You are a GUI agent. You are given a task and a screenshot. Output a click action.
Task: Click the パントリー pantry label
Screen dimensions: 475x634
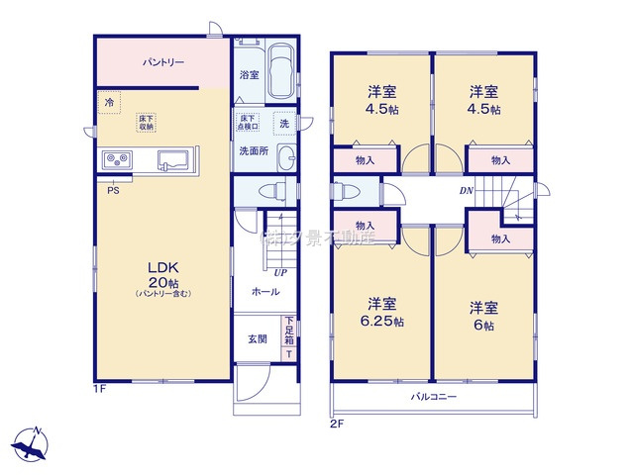coord(161,62)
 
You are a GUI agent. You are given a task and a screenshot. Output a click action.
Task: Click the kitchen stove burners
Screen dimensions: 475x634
coord(117,160)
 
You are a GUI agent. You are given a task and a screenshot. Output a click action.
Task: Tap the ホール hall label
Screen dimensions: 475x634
coord(264,292)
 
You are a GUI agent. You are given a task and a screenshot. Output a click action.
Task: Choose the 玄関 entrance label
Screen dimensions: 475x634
coord(257,338)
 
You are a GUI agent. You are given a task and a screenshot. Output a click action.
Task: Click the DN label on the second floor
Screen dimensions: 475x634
coord(466,190)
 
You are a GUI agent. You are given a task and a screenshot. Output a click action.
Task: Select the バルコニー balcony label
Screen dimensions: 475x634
coord(434,396)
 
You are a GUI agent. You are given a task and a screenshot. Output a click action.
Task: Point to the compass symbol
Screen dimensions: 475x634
coord(31,441)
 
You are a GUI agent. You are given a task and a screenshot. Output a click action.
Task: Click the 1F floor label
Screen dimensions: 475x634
coord(99,390)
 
